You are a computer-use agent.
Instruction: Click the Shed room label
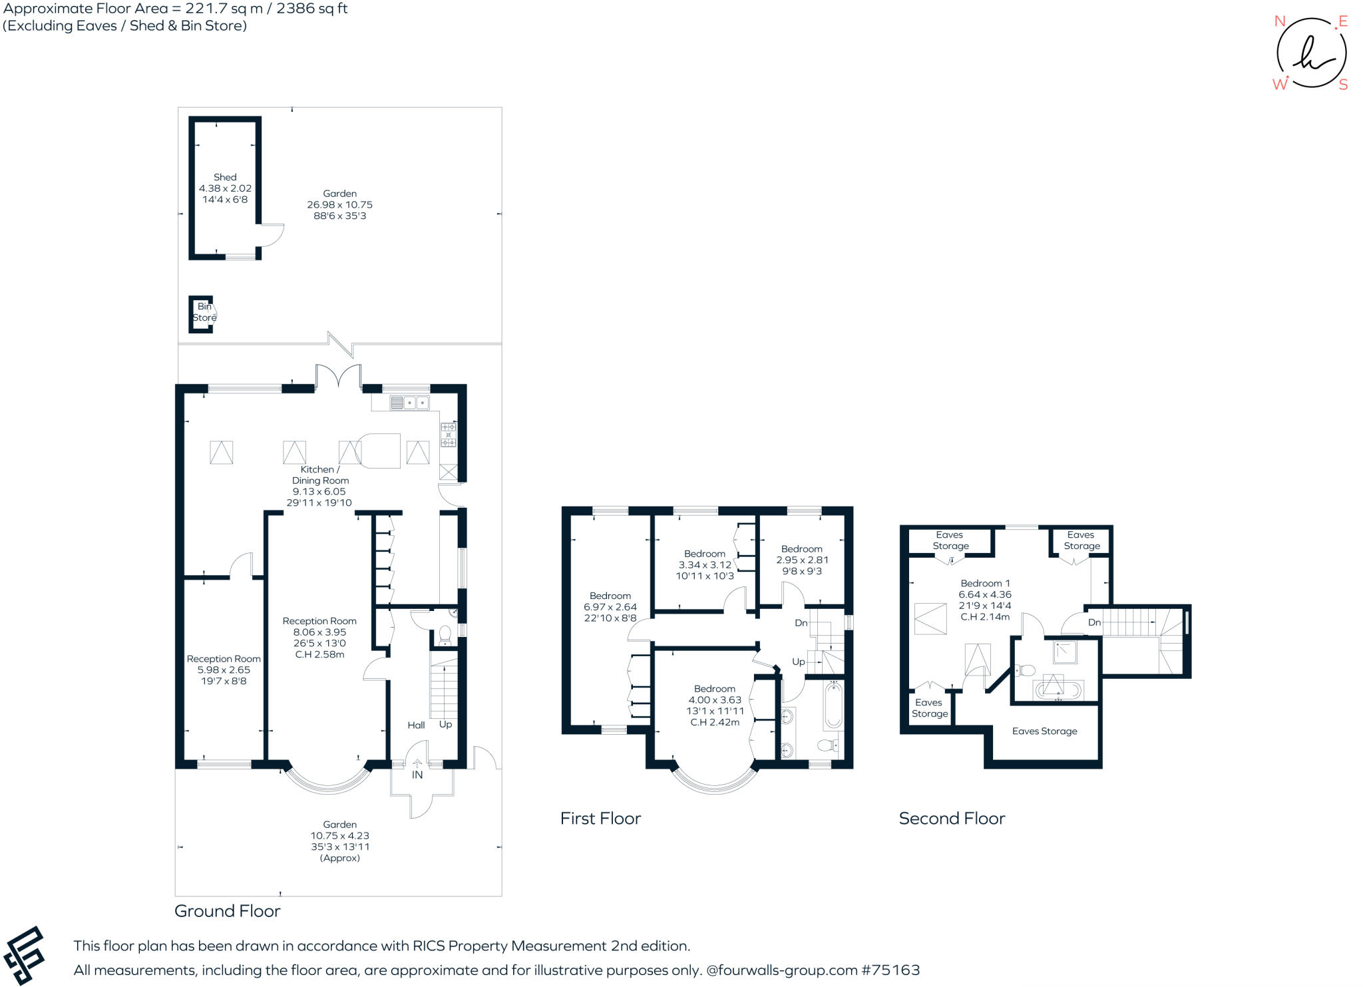pos(225,177)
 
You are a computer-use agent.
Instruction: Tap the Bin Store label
pos(204,312)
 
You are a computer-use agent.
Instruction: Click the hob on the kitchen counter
pos(449,435)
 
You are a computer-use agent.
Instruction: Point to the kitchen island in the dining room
pos(380,451)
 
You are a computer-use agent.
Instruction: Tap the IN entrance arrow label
pos(417,775)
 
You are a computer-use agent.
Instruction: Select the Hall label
pos(416,725)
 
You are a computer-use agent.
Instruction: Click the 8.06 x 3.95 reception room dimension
pos(319,632)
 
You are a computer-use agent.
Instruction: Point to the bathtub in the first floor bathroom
pos(833,705)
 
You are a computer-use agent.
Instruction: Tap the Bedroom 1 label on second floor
pos(985,584)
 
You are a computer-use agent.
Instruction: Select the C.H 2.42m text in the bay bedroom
pos(715,722)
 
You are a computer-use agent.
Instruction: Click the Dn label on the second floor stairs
pos(1094,623)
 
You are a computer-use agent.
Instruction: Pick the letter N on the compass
pos(1279,21)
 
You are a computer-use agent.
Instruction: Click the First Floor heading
pos(600,819)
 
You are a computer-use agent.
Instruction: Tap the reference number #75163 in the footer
pos(890,970)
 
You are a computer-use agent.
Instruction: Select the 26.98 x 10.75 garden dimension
pos(339,205)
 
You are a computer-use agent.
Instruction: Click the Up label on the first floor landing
pos(798,662)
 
